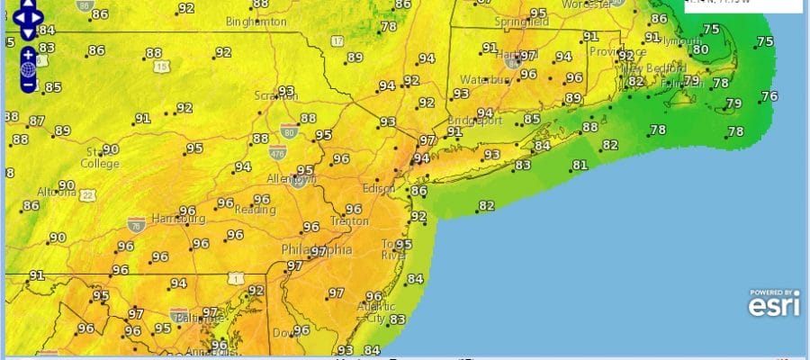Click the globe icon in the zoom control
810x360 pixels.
[28, 69]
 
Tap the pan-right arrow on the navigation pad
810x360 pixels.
[40, 16]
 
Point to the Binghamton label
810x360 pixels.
[256, 21]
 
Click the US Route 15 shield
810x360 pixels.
[162, 67]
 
